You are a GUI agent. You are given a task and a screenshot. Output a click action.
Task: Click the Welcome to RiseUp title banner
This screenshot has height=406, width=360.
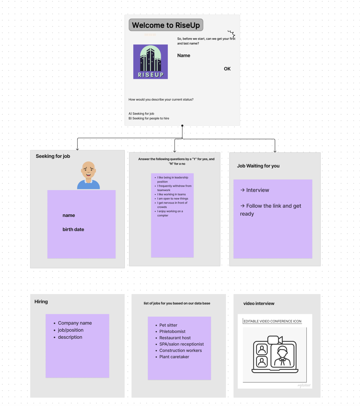[166, 25]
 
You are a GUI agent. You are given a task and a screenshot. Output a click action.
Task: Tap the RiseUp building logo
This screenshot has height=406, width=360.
[151, 62]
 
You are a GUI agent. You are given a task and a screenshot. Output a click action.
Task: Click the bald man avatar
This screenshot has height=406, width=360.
[88, 175]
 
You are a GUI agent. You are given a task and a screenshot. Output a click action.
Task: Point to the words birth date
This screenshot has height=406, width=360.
[73, 229]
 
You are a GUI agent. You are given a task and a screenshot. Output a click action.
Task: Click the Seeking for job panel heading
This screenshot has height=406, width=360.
[53, 156]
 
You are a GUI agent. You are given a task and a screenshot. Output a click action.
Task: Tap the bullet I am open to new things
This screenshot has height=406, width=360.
[173, 199]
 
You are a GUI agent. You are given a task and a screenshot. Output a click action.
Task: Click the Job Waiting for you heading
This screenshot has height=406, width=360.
[258, 166]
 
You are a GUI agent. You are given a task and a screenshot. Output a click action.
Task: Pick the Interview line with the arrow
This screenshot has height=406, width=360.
[255, 190]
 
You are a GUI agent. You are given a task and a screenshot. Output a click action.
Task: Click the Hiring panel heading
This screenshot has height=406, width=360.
[41, 302]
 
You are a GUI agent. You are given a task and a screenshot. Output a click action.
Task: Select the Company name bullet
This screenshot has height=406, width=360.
[75, 323]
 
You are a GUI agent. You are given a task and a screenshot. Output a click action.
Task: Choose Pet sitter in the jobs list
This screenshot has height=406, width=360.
[168, 325]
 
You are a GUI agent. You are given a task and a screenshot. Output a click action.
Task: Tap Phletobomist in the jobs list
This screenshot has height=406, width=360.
[172, 331]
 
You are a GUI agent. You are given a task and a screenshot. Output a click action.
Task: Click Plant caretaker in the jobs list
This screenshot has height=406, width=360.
[174, 357]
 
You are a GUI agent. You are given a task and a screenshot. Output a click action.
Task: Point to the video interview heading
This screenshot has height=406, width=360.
[259, 303]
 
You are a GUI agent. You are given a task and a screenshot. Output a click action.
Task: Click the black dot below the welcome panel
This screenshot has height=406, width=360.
[182, 126]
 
